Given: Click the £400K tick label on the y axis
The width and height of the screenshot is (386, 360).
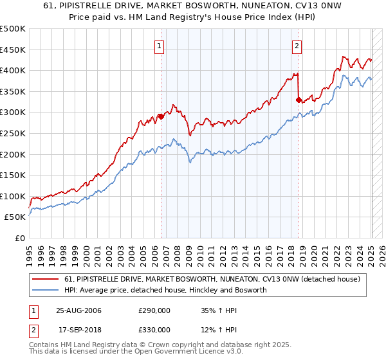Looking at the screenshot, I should (13, 70).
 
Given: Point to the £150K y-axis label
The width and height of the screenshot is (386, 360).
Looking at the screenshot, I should (13, 175).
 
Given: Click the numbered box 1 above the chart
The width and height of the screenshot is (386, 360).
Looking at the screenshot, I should (159, 46).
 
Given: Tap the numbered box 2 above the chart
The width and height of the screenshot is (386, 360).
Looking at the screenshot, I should (297, 46).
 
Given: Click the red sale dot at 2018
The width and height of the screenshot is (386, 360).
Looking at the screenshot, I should (299, 100).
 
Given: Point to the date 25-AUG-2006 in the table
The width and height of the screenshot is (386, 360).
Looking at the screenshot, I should (79, 310).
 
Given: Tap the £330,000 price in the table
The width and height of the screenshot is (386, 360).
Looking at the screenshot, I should (154, 330).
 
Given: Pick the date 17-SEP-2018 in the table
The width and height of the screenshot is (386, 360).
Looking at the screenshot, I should (78, 330).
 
